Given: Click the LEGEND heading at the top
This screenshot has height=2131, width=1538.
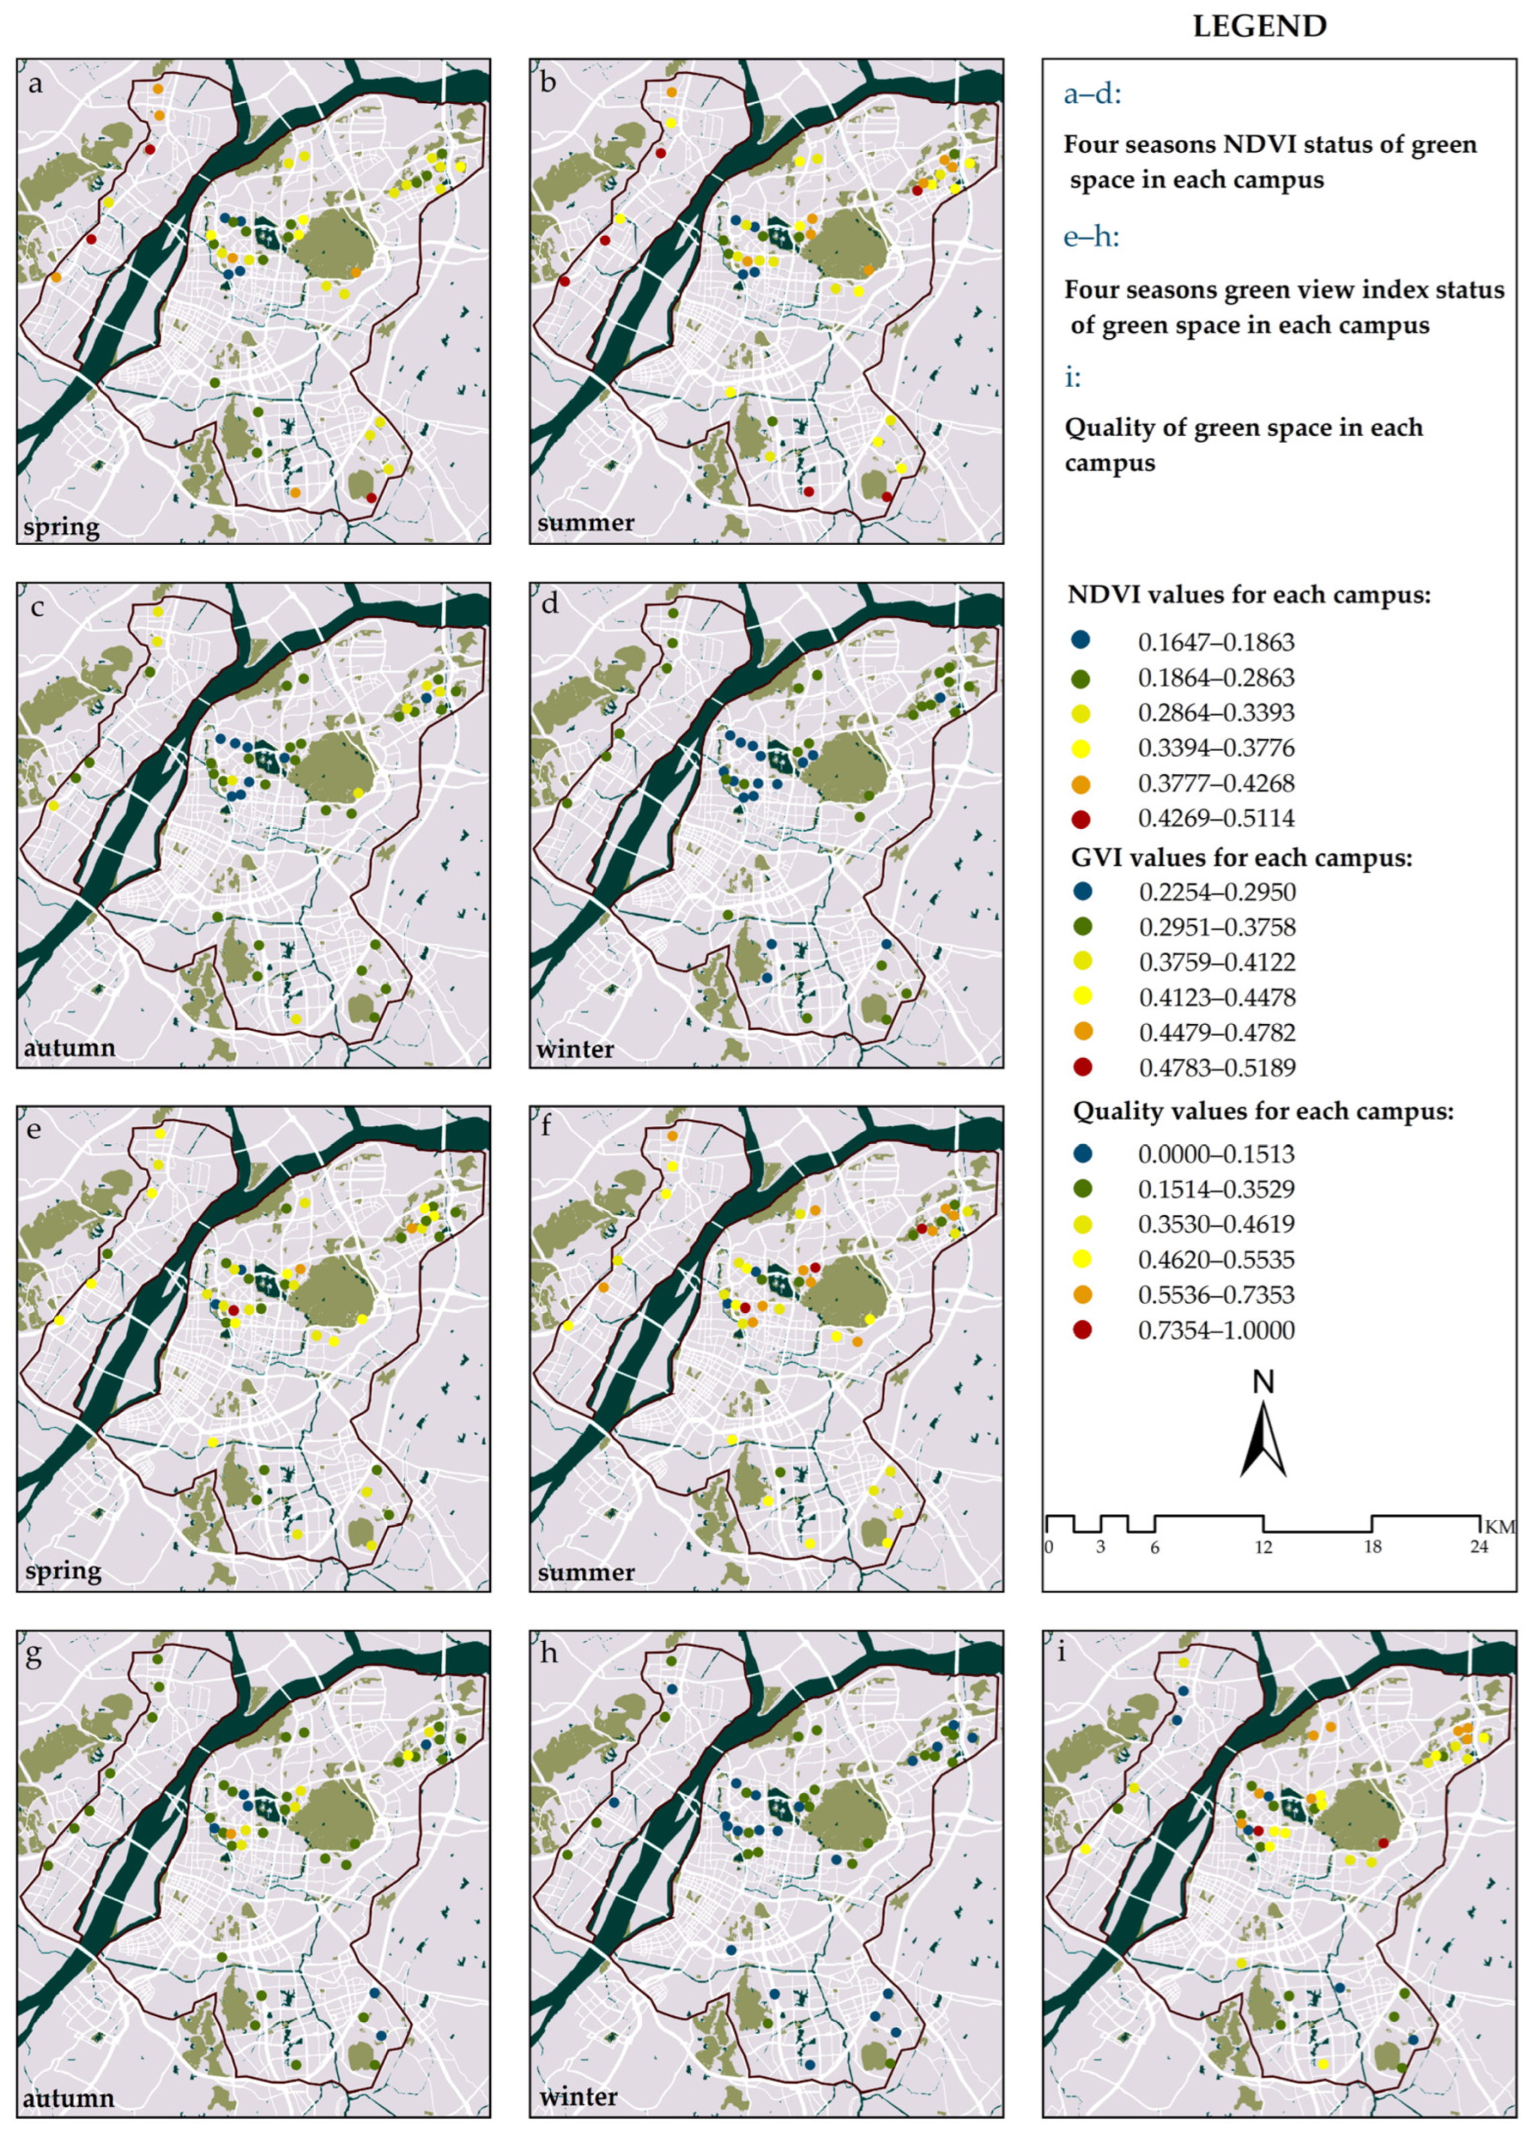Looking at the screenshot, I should pos(1259,26).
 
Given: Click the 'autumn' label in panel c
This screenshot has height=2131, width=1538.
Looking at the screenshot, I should pos(69,1047).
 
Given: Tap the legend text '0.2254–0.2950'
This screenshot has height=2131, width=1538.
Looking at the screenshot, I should pos(1216,891).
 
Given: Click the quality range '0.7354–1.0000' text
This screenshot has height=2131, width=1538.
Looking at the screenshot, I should pos(1216,1330).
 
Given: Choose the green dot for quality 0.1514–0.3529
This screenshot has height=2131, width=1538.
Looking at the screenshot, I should pos(1082,1189).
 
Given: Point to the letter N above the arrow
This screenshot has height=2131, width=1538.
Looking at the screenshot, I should pos(1264,1382).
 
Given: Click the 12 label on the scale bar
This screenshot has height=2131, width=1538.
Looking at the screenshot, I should pos(1264,1548).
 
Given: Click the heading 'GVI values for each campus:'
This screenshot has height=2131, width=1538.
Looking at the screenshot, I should pos(1242,858).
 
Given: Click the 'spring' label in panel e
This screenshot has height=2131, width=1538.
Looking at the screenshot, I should pos(62,1571).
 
